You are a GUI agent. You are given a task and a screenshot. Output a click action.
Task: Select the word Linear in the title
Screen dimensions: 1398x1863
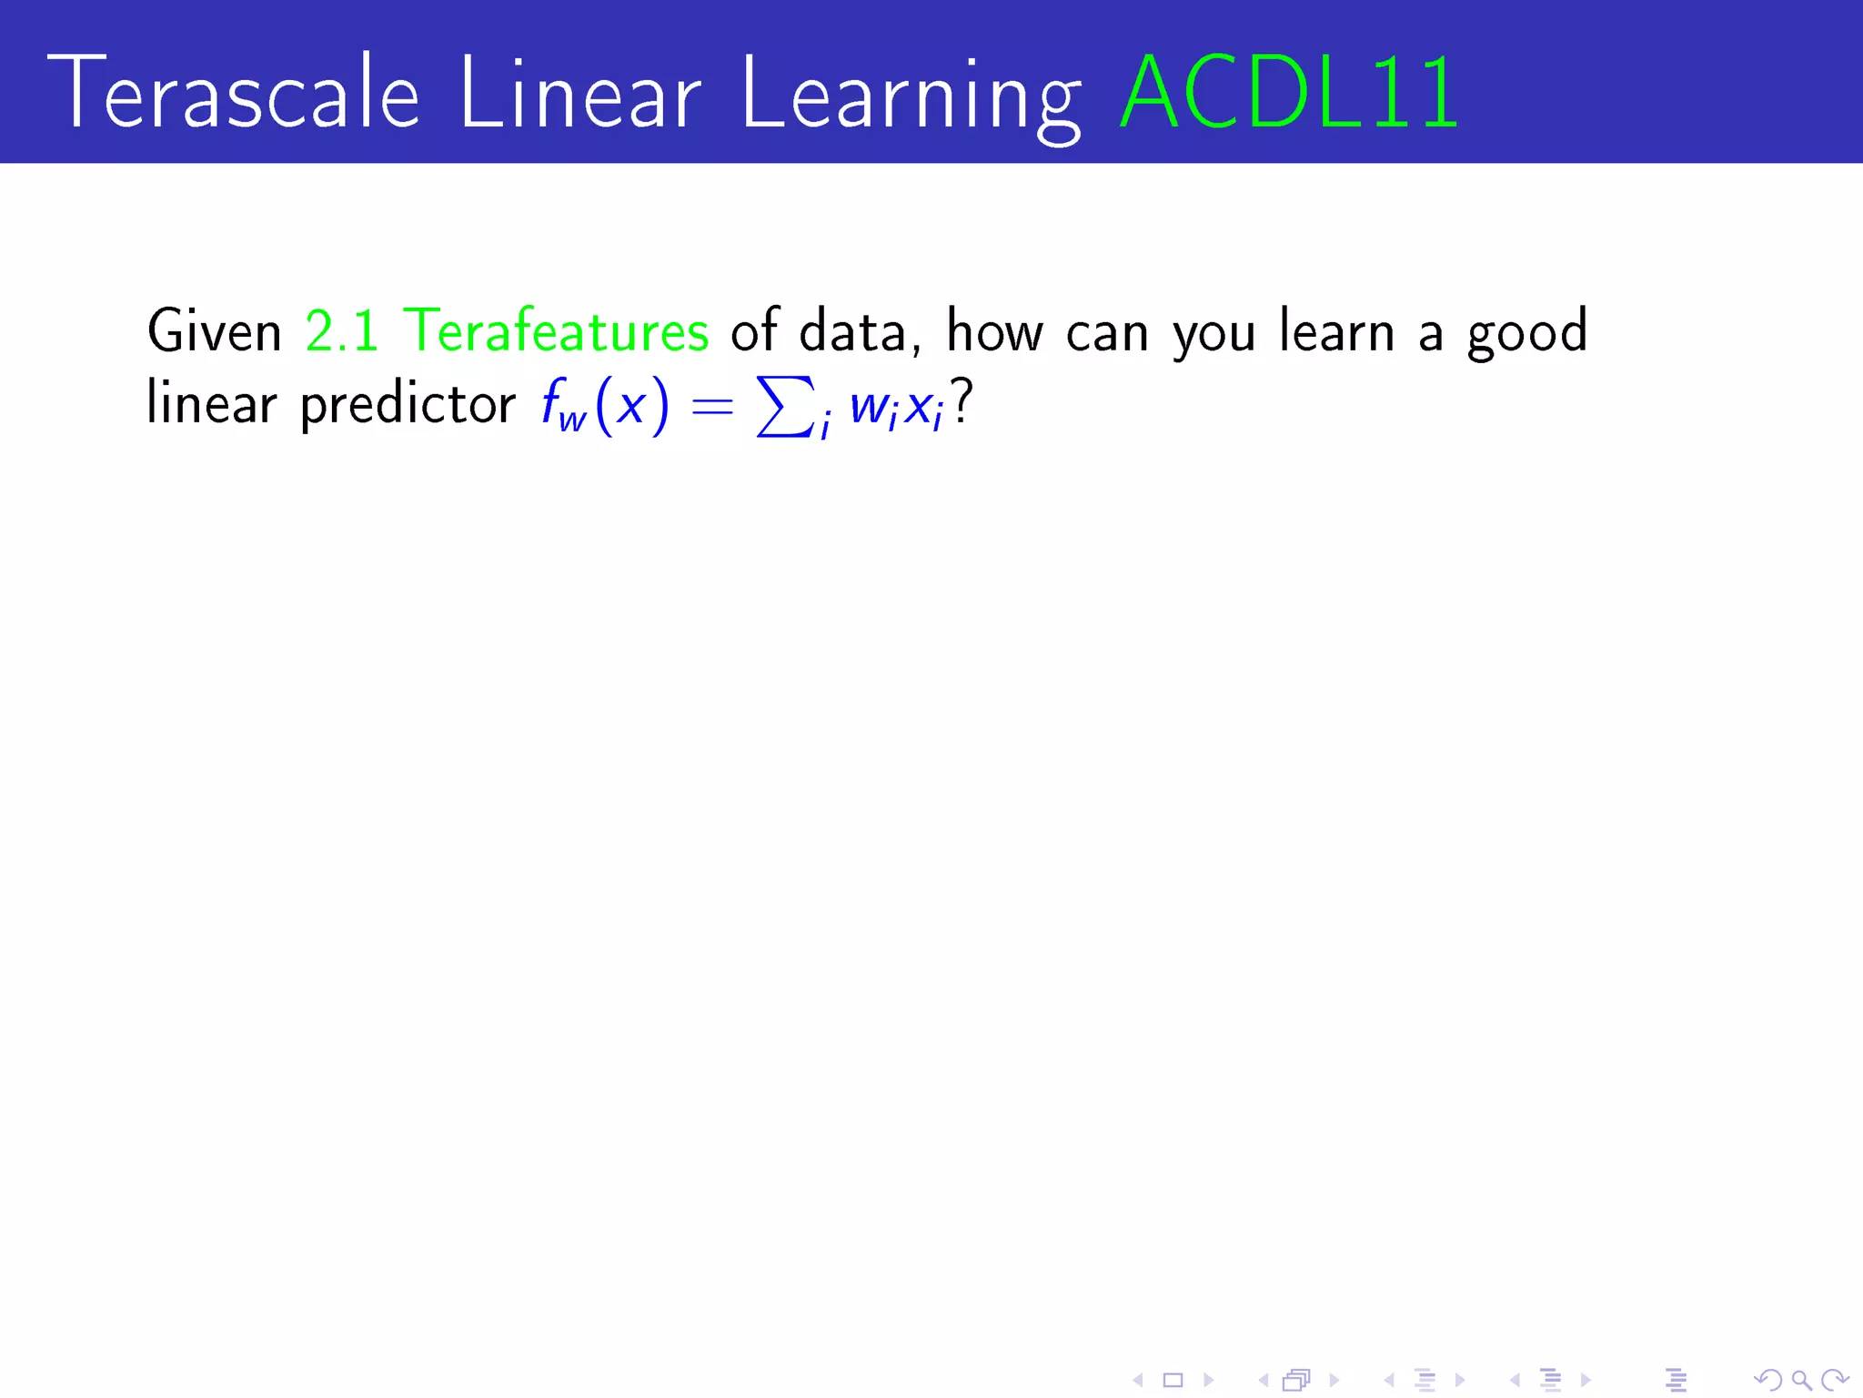(x=580, y=93)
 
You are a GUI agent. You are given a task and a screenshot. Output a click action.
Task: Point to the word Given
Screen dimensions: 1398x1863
(x=215, y=330)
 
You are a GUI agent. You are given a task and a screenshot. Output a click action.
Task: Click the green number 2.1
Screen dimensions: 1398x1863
(x=342, y=330)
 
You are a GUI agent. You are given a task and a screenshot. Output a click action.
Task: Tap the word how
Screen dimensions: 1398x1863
(x=994, y=330)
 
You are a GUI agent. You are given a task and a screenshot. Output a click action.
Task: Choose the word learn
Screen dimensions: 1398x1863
(x=1336, y=330)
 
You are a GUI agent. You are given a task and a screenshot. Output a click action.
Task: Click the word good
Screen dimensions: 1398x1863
(x=1527, y=333)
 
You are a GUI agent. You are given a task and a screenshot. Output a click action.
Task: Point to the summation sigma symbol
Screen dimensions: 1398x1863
(x=783, y=407)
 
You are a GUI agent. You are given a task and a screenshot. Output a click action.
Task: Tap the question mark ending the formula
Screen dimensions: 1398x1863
(x=962, y=401)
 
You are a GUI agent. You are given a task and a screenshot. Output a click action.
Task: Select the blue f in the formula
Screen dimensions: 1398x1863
(x=551, y=401)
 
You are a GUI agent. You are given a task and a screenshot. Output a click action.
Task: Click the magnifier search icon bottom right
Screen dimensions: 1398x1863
(x=1800, y=1380)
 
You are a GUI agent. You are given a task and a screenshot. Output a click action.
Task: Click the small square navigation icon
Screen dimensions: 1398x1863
(x=1173, y=1380)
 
